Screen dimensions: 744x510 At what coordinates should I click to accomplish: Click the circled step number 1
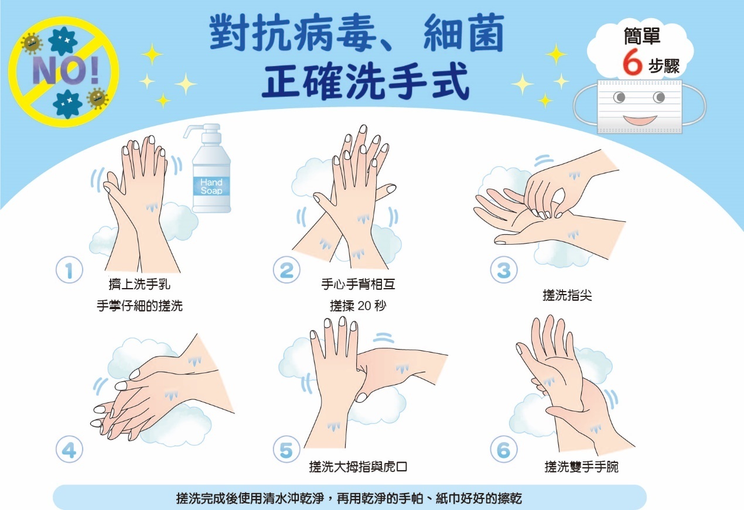click(69, 270)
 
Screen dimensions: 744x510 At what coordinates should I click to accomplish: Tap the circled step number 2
click(286, 270)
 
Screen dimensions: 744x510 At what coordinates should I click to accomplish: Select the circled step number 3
click(504, 270)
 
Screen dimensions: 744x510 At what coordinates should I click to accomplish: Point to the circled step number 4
click(69, 449)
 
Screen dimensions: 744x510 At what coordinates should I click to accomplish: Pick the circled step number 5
click(286, 449)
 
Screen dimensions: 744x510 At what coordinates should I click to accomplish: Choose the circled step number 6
click(504, 449)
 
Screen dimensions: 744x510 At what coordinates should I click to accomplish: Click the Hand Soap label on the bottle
click(211, 186)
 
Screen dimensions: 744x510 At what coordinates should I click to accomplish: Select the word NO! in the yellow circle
click(66, 70)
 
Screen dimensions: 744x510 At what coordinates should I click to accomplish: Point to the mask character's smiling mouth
click(640, 120)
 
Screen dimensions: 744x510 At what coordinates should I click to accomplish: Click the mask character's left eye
click(619, 98)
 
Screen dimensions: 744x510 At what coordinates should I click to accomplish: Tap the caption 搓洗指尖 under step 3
click(567, 295)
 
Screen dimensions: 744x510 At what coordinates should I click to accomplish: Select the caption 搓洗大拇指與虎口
click(358, 467)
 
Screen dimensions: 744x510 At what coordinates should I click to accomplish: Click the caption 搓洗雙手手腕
click(581, 467)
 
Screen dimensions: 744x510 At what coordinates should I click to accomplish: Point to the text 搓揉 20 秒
click(358, 306)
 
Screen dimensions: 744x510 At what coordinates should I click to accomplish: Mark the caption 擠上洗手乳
click(139, 284)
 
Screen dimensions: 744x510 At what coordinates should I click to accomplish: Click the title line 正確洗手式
click(366, 81)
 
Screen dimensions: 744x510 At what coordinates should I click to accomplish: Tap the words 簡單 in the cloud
click(641, 36)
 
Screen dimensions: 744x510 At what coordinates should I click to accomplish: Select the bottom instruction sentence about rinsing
click(349, 498)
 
